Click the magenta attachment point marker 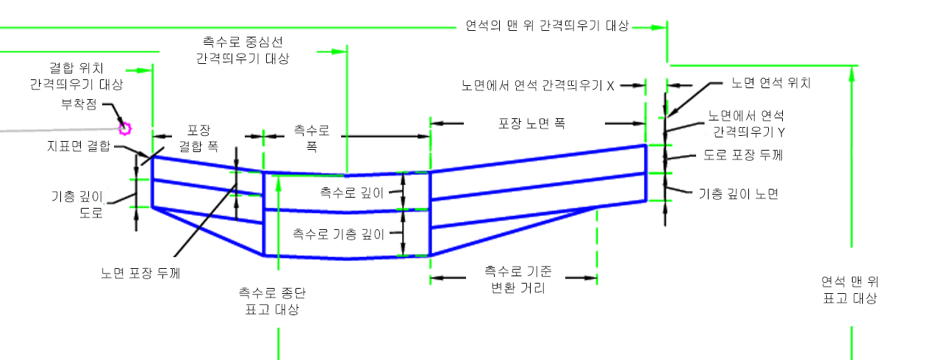[x=125, y=129]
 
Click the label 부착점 [x=79, y=104]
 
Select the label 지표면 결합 [x=79, y=146]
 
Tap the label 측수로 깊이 [x=352, y=193]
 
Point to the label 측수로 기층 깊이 [x=339, y=234]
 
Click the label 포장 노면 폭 [x=531, y=123]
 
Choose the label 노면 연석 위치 [x=771, y=83]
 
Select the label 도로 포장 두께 [x=743, y=155]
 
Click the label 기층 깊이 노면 [x=739, y=194]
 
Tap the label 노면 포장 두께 [x=140, y=273]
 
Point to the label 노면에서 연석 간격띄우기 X [x=537, y=86]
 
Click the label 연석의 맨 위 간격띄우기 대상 [x=548, y=26]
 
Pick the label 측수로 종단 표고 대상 [x=273, y=301]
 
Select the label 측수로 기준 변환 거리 [x=518, y=279]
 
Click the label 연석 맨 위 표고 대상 [x=850, y=290]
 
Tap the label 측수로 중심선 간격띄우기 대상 [x=243, y=50]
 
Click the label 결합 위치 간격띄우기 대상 [x=76, y=76]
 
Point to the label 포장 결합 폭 [x=199, y=138]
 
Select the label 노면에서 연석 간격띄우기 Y [x=746, y=123]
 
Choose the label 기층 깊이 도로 [x=78, y=204]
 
